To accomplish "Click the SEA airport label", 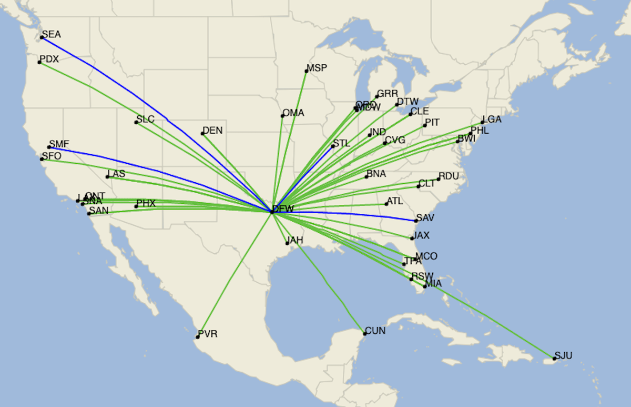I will [52, 35].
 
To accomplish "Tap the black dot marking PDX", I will [39, 63].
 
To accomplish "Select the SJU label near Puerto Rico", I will [564, 356].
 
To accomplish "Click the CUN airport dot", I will [365, 334].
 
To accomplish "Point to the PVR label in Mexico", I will [208, 334].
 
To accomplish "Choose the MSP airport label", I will [317, 68].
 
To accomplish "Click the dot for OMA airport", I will [282, 116].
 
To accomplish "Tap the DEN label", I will [212, 131].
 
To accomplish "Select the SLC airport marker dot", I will [136, 122].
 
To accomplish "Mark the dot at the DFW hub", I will [272, 212].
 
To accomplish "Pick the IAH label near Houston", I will [295, 240].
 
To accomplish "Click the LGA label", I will [492, 120].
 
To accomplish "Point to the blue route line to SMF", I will [158, 172].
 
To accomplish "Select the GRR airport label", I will [388, 94].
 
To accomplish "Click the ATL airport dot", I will [386, 204].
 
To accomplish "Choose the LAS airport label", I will [116, 174].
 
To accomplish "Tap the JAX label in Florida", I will [422, 235].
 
